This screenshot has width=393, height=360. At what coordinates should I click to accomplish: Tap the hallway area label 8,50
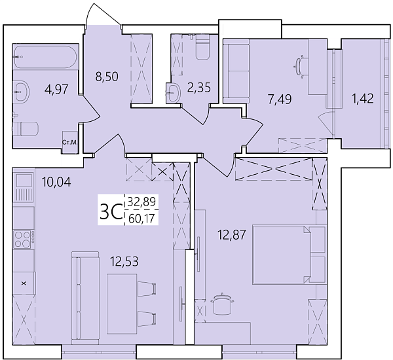click(106, 75)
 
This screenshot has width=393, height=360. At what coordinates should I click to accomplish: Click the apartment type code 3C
click(110, 211)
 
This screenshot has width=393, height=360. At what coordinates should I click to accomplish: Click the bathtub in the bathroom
click(45, 57)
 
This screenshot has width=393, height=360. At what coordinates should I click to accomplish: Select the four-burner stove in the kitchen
click(23, 238)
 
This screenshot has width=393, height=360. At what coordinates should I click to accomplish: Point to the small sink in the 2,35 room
click(174, 93)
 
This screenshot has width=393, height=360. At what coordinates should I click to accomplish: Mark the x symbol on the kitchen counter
click(24, 284)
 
